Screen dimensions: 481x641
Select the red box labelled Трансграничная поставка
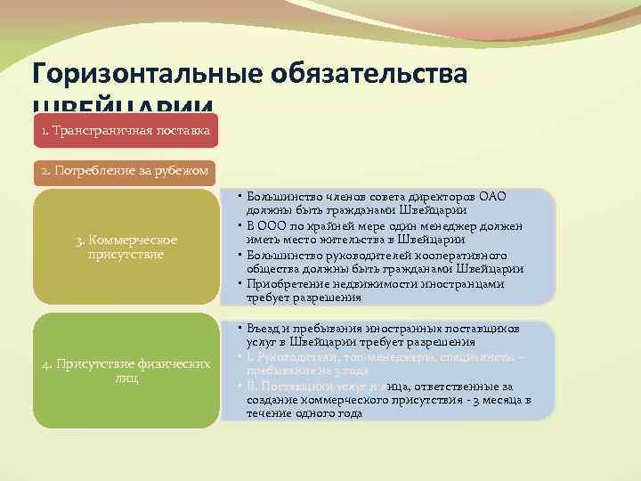126,132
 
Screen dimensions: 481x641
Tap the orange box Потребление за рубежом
126,170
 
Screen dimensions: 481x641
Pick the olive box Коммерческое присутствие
126,247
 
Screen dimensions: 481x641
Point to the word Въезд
265,329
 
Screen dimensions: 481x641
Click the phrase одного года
324,413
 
